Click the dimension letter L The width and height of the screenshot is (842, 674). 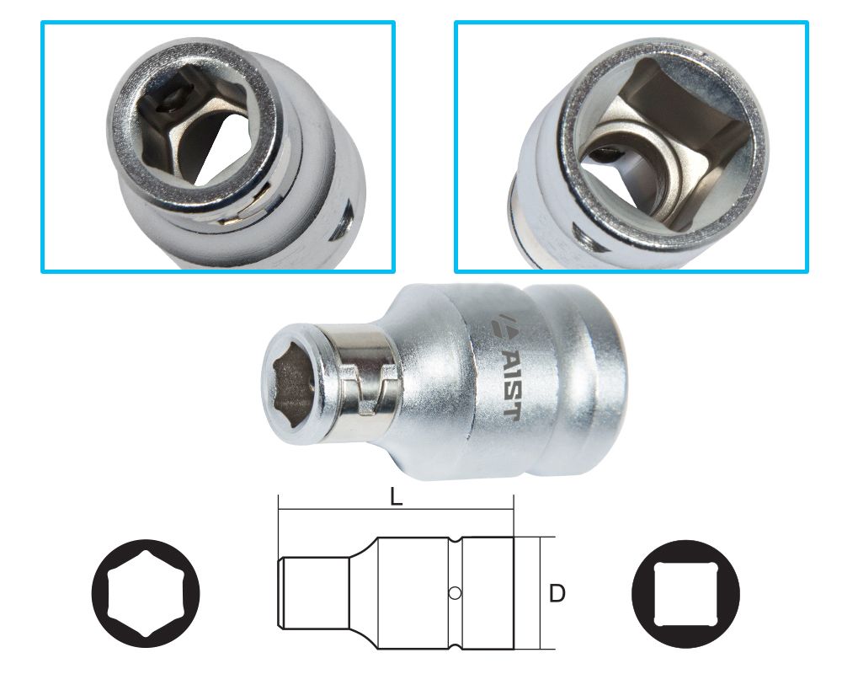point(396,497)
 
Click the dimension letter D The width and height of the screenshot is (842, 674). point(557,593)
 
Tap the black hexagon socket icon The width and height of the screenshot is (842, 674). point(146,593)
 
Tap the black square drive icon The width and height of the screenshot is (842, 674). point(685,594)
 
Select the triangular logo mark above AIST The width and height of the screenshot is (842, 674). point(504,326)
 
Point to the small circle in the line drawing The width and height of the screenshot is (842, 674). point(455,593)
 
